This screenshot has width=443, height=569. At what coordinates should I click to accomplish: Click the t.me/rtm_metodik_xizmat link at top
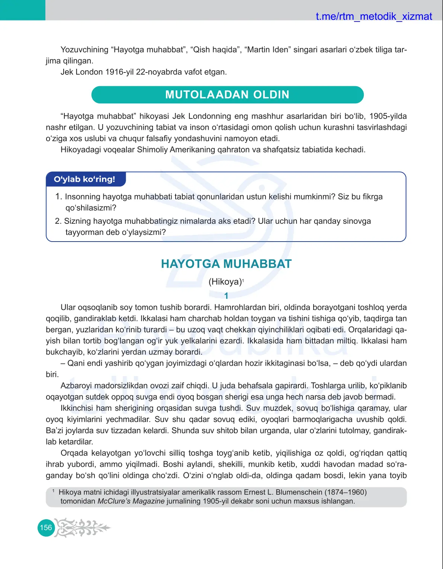pyautogui.click(x=373, y=16)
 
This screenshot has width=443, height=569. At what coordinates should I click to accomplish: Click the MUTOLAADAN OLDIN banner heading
pyautogui.click(x=227, y=95)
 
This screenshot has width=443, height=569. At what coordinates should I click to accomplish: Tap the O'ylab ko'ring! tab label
pyautogui.click(x=84, y=179)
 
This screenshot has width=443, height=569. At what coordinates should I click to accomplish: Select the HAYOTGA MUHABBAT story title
pyautogui.click(x=226, y=264)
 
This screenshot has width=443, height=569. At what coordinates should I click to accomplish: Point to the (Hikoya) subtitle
pyautogui.click(x=225, y=282)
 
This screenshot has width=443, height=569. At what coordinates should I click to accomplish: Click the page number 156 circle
pyautogui.click(x=46, y=528)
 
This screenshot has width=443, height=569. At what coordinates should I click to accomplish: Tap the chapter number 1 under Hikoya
pyautogui.click(x=226, y=296)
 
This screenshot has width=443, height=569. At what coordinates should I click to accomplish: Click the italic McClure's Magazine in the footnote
pyautogui.click(x=131, y=501)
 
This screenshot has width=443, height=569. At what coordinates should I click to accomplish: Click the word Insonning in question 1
pyautogui.click(x=83, y=197)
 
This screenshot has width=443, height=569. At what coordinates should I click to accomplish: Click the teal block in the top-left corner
pyautogui.click(x=23, y=10)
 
